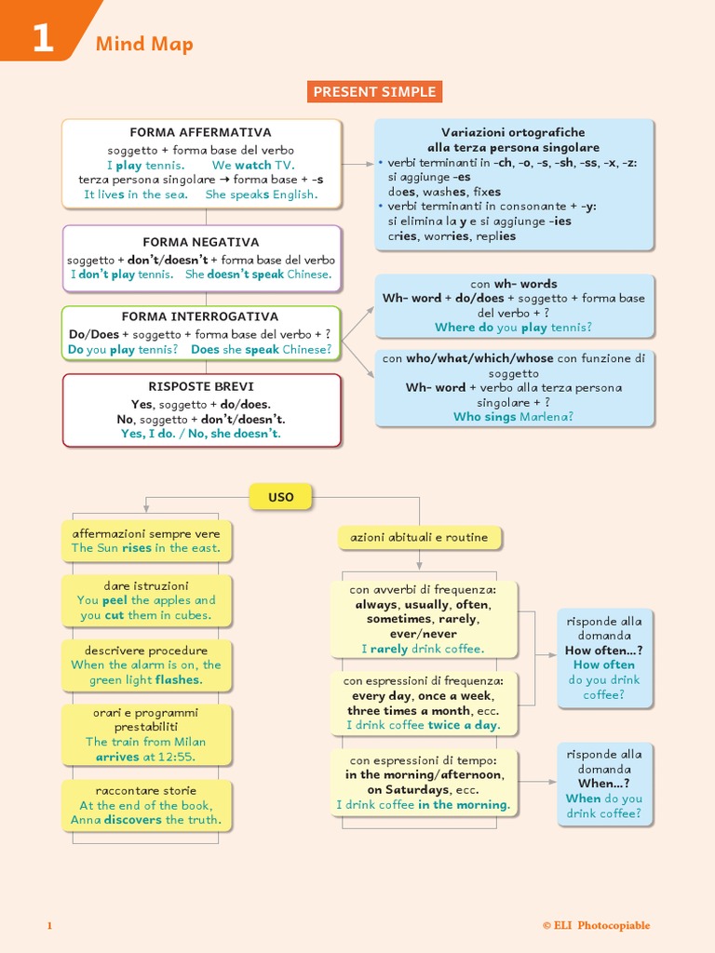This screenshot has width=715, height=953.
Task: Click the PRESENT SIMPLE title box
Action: (x=374, y=91)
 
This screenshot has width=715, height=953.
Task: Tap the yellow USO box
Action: (x=280, y=497)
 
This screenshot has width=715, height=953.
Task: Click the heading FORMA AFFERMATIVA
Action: (x=200, y=133)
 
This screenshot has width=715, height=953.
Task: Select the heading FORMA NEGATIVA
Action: (x=201, y=242)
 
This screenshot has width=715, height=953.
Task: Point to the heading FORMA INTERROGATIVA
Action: (x=200, y=316)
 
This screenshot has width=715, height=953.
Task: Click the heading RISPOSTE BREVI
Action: (x=201, y=386)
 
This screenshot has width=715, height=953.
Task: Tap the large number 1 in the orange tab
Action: (x=43, y=40)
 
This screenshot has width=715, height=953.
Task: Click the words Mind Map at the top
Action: (x=144, y=45)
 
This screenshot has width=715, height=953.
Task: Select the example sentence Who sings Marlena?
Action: (x=513, y=417)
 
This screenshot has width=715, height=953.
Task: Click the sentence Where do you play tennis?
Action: (x=513, y=328)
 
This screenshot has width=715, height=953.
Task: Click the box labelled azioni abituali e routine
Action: (x=419, y=537)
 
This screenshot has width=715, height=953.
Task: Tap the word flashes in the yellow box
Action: (x=180, y=680)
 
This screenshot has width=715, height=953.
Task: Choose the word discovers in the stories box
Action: (x=132, y=820)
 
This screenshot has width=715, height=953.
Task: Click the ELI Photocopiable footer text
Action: (x=596, y=925)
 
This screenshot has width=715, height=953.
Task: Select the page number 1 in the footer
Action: (x=50, y=925)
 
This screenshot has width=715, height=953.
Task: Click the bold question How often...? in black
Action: (x=603, y=651)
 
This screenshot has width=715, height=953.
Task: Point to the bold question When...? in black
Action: (x=603, y=784)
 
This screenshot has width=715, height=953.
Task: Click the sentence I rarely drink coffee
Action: (x=423, y=649)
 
